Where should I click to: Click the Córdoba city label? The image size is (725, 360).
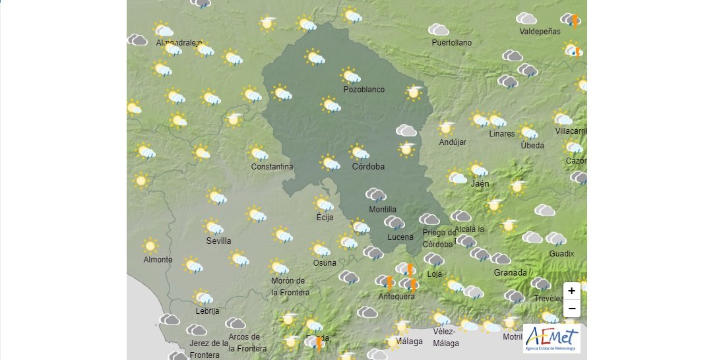pyautogui.click(x=368, y=167)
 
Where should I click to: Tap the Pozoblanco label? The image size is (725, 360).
pyautogui.click(x=363, y=90)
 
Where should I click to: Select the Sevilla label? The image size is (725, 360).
pyautogui.click(x=218, y=241)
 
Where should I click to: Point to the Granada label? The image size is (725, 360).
pyautogui.click(x=510, y=273)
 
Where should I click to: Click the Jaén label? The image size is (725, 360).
pyautogui.click(x=480, y=184)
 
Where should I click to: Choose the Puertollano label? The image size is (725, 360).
pyautogui.click(x=451, y=43)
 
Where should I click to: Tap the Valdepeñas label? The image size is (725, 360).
pyautogui.click(x=540, y=32)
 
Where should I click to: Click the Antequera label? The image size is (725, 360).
pyautogui.click(x=396, y=297)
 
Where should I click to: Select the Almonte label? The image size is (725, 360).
pyautogui.click(x=158, y=260)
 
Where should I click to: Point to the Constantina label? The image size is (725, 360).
pyautogui.click(x=272, y=167)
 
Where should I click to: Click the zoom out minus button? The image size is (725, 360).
pyautogui.click(x=571, y=308)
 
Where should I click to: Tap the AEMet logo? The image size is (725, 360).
pyautogui.click(x=552, y=338)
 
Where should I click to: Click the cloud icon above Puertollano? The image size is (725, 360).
pyautogui.click(x=439, y=30)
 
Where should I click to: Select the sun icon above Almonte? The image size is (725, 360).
pyautogui.click(x=150, y=246)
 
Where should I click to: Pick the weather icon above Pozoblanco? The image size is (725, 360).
pyautogui.click(x=350, y=76)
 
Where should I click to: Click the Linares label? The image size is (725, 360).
pyautogui.click(x=501, y=134)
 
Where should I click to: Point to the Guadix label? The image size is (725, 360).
pyautogui.click(x=561, y=254)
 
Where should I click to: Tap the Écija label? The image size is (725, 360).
pyautogui.click(x=325, y=218)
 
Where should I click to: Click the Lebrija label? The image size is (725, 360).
pyautogui.click(x=207, y=311)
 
